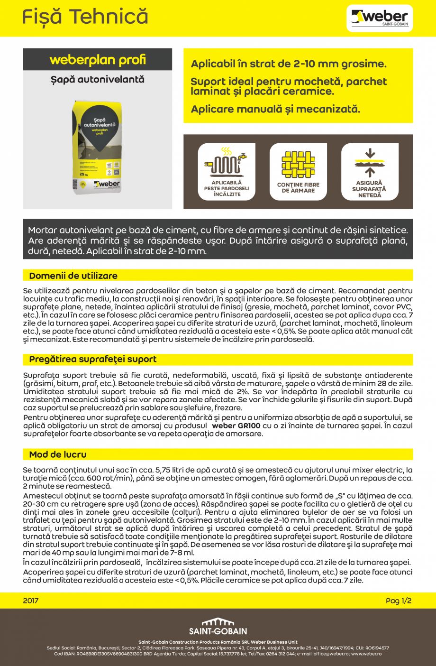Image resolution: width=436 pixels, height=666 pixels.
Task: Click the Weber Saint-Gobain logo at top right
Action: [380, 18]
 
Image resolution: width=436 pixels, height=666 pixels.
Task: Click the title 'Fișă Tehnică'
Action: [85, 17]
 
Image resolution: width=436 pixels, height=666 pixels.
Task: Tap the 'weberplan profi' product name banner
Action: [98, 60]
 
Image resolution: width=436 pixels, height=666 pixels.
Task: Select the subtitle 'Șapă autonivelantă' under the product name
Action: [98, 79]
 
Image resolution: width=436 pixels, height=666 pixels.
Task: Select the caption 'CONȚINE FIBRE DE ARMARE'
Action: [298, 188]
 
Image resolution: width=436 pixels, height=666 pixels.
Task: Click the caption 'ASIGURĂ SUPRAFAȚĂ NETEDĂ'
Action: [370, 189]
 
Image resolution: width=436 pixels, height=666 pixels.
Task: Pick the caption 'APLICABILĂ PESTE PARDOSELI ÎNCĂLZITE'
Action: [227, 188]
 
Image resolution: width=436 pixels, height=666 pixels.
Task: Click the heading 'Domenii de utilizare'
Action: [73, 276]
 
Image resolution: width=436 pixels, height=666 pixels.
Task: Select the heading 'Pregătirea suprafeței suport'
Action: [93, 359]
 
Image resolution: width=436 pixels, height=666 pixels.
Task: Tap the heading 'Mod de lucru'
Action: [58, 454]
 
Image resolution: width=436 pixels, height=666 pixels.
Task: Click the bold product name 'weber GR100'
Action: [236, 425]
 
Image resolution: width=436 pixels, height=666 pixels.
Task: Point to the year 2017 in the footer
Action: [31, 601]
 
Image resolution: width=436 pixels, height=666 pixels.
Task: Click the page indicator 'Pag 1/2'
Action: [399, 601]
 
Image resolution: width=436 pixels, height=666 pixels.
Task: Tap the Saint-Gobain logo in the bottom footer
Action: [218, 627]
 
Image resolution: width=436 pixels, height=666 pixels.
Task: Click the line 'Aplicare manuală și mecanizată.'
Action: [275, 109]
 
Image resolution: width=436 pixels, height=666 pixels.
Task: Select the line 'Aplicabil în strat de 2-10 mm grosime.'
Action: [289, 64]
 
